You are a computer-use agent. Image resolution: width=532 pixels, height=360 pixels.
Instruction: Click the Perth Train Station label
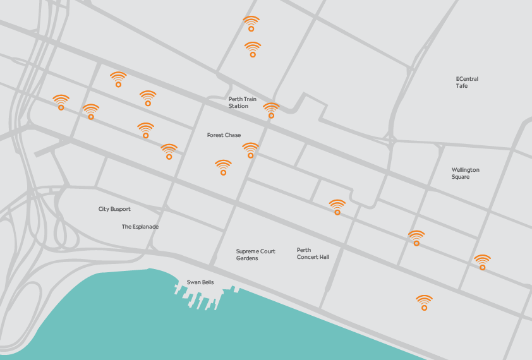click(238, 103)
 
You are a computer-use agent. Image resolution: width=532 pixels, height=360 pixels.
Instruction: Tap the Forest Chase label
click(224, 135)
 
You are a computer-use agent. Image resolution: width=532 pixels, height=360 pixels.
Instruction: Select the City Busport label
click(114, 209)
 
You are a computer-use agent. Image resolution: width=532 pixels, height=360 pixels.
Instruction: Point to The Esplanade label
click(140, 227)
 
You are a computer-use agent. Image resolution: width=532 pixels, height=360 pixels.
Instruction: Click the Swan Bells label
click(200, 282)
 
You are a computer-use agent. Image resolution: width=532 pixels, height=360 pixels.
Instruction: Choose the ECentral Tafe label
click(467, 82)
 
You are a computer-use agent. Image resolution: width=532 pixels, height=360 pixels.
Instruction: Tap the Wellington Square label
click(465, 173)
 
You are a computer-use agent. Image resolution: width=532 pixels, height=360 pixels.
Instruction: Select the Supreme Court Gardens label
click(255, 255)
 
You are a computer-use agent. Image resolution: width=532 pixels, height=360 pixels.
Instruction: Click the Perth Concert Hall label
click(313, 253)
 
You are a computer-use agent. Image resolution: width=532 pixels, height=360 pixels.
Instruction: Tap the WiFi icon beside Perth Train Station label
click(271, 111)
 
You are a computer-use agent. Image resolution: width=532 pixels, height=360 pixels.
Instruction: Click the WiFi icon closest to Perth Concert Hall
click(337, 207)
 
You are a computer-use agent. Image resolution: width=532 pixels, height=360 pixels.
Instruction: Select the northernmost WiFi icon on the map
click(251, 23)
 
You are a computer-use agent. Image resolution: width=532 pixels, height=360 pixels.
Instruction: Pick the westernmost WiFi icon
click(61, 102)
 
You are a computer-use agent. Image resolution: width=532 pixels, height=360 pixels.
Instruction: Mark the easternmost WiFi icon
click(482, 262)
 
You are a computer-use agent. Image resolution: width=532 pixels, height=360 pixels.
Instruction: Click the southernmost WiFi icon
click(424, 303)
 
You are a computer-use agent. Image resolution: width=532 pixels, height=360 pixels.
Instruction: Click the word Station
click(238, 106)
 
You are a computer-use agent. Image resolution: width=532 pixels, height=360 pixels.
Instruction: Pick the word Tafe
click(462, 86)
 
